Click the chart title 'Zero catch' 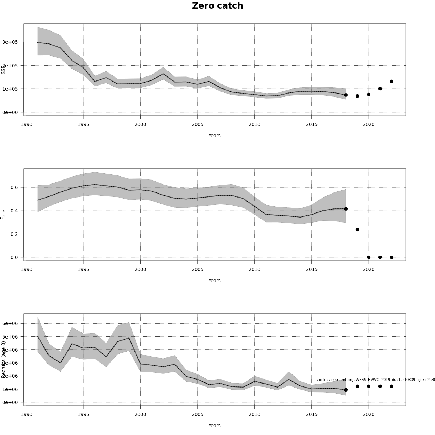[x=217, y=6]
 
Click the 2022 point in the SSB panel [x=391, y=82]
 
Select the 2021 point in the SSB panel [x=380, y=88]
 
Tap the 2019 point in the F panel [x=357, y=229]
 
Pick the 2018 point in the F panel [x=346, y=209]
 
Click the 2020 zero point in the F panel [x=369, y=257]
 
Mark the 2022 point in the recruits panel [x=391, y=386]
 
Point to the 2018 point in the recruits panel [x=346, y=390]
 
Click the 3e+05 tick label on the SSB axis [x=10, y=42]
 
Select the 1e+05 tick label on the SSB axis [x=10, y=89]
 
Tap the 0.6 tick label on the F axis [x=14, y=187]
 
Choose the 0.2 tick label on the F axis [x=14, y=234]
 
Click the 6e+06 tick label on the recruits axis [x=10, y=323]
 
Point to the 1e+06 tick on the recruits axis [x=10, y=389]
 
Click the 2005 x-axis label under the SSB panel [x=198, y=124]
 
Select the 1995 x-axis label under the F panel [x=83, y=269]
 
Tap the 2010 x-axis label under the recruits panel [x=254, y=414]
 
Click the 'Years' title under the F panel [x=214, y=281]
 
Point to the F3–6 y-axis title [x=3, y=214]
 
